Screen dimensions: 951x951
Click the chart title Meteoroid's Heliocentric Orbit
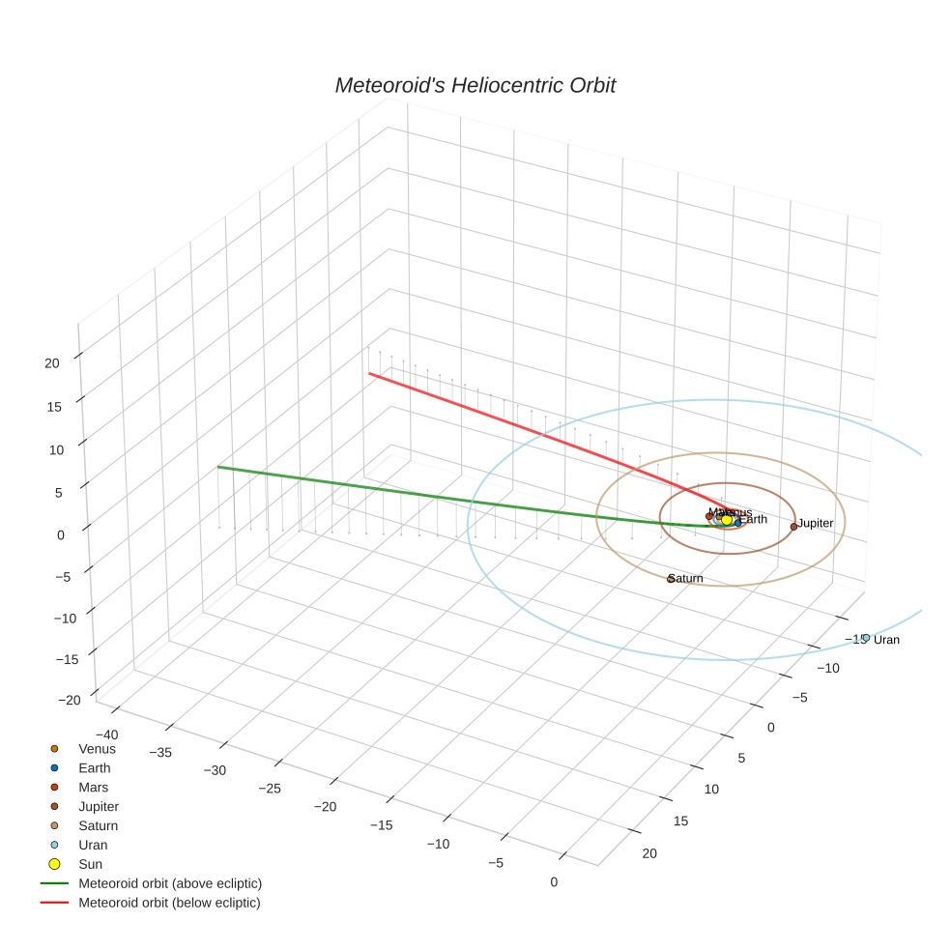click(475, 86)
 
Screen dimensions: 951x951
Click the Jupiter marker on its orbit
click(793, 526)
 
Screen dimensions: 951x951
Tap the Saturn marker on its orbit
click(671, 579)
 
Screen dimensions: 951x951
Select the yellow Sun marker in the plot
click(728, 520)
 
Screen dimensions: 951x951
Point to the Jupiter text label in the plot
click(816, 523)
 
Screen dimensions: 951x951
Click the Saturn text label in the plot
click(686, 578)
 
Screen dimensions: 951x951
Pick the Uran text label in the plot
click(886, 640)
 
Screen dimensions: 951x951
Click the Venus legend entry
click(97, 748)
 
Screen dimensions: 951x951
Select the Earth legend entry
click(95, 767)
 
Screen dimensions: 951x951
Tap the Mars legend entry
click(94, 787)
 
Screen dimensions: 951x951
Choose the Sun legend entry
click(90, 863)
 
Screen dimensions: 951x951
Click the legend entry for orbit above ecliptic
click(170, 882)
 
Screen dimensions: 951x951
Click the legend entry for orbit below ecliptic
click(169, 902)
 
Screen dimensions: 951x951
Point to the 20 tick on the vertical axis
click(52, 362)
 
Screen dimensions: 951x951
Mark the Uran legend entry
click(93, 844)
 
